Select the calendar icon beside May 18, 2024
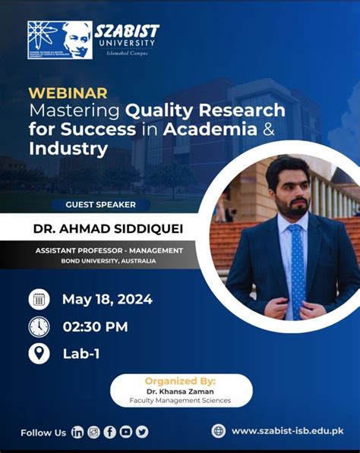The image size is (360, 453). point(39,299)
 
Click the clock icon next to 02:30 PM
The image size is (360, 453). point(39,326)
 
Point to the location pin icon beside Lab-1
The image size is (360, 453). point(39,354)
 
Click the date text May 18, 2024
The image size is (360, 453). point(107,299)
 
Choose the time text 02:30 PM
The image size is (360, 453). point(95,327)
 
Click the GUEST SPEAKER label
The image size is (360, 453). point(100,205)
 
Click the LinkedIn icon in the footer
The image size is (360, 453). point(77,432)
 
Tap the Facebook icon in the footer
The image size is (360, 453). point(109,432)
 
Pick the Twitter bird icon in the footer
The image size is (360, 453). point(141,432)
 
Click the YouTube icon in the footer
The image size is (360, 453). point(125,432)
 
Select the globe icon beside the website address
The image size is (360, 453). point(219,431)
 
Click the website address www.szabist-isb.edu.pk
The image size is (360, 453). point(287,431)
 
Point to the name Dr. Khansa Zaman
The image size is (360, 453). point(179,392)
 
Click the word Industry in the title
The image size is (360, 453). point(68,149)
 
